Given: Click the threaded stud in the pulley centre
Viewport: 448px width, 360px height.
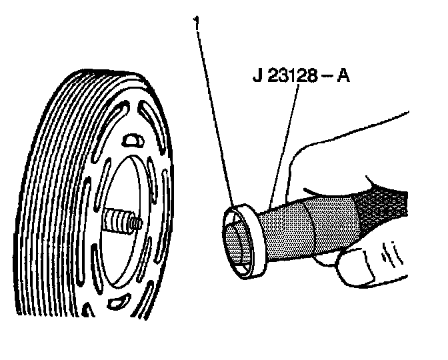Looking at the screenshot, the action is (x=122, y=220).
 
